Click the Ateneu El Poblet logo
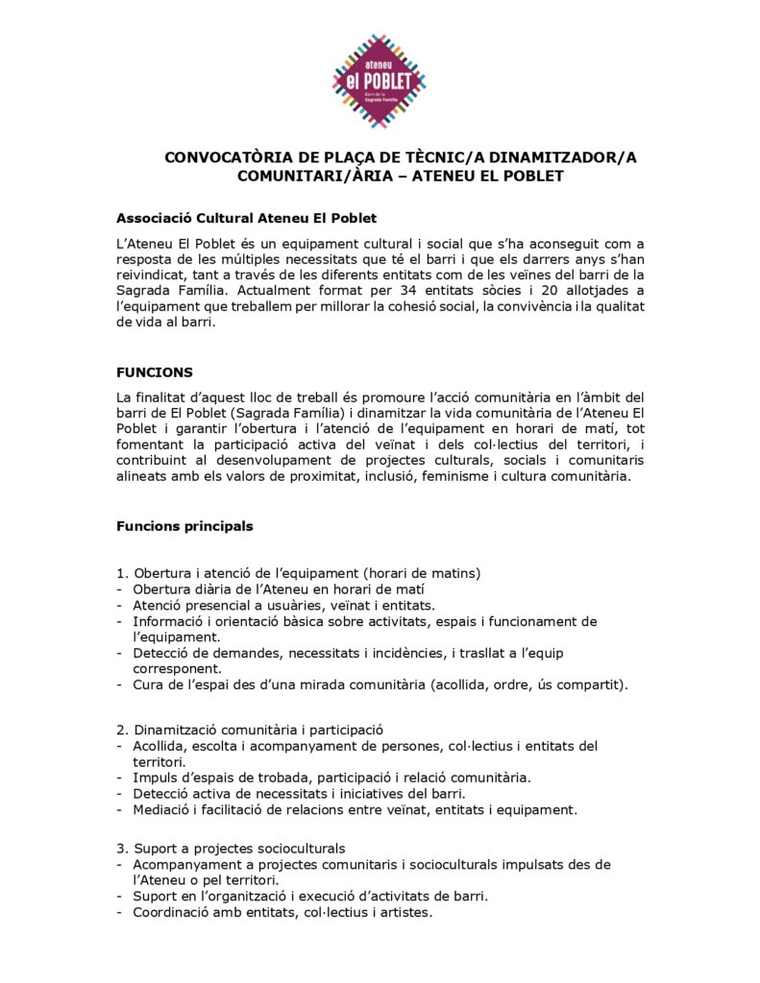point(379,81)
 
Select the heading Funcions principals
point(184,526)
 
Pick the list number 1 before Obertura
point(120,573)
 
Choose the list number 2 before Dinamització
point(120,730)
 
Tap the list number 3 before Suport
point(120,849)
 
